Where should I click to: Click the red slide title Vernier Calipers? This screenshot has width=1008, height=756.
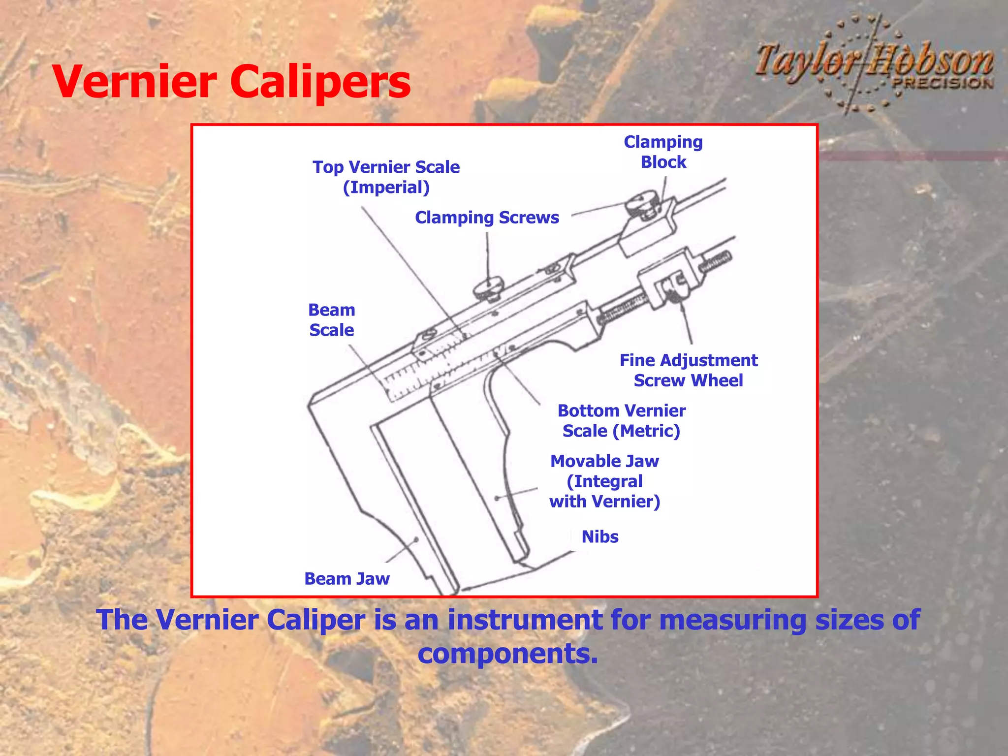click(x=231, y=82)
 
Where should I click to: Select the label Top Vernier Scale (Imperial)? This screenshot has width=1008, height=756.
click(x=386, y=177)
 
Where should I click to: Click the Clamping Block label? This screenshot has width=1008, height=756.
click(x=663, y=152)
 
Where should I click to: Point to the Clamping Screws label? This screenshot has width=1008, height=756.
click(x=487, y=218)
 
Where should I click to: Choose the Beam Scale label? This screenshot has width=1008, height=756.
click(x=331, y=320)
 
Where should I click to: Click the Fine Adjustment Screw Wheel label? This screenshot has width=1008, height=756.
click(x=688, y=370)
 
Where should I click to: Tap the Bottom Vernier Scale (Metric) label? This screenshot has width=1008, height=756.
click(x=621, y=421)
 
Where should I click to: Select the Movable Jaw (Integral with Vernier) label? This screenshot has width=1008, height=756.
click(x=604, y=481)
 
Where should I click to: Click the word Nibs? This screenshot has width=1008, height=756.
click(x=599, y=536)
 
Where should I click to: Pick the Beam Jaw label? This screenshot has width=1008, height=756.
click(x=346, y=579)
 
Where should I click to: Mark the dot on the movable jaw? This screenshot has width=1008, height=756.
click(x=497, y=498)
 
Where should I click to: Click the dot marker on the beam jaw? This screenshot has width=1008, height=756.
click(x=416, y=539)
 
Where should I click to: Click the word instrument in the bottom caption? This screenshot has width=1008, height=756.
click(x=525, y=620)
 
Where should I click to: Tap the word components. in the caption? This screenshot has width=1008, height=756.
click(x=507, y=654)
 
